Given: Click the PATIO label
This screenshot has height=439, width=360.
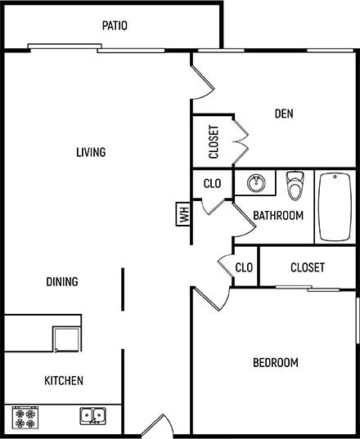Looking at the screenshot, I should tap(115, 25).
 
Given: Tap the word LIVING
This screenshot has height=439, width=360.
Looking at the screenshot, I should tap(91, 152).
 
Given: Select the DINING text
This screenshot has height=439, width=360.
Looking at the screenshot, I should tap(62, 282).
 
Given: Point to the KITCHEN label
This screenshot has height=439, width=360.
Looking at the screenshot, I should tap(63, 380).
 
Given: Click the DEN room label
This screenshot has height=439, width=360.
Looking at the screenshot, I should tap(284, 114).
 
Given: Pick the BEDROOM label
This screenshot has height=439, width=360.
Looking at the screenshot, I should tap(274, 362).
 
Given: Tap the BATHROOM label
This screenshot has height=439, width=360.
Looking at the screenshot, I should tap(277, 216).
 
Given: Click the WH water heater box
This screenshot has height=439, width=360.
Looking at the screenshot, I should tap(183, 216).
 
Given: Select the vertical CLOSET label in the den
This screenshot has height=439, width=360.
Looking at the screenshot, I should tap(214, 141).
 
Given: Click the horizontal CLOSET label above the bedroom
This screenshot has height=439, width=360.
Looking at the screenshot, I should tap(308, 267).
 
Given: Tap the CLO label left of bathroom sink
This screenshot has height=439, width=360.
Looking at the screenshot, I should tap(213, 183).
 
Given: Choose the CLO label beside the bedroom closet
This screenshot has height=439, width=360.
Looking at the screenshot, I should tap(244, 267).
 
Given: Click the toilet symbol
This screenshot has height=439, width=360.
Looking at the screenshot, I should tap(295, 185).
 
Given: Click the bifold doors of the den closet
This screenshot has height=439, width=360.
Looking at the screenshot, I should tap(241, 141).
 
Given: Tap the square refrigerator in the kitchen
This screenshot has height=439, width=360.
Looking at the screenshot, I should tap(65, 338).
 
